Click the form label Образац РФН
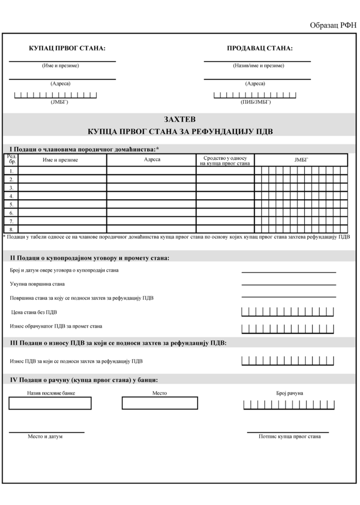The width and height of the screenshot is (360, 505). (332, 26)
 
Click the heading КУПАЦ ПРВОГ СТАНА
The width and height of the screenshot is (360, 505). (67, 48)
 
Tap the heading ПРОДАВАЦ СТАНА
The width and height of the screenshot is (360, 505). (259, 48)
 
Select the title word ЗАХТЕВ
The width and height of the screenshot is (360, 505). (180, 119)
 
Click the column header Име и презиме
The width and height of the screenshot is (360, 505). (60, 160)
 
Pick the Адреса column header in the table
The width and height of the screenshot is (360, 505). (152, 159)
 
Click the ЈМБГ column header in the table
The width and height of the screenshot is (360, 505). (300, 160)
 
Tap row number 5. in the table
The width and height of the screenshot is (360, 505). (11, 204)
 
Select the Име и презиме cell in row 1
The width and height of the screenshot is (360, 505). (63, 171)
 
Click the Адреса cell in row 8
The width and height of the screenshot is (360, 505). (151, 229)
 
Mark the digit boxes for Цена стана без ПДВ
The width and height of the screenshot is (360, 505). (288, 312)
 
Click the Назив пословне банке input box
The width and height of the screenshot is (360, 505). (50, 403)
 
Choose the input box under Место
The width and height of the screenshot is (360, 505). (160, 403)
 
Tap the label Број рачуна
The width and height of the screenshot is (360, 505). (289, 393)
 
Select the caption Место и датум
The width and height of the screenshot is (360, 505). (45, 436)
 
